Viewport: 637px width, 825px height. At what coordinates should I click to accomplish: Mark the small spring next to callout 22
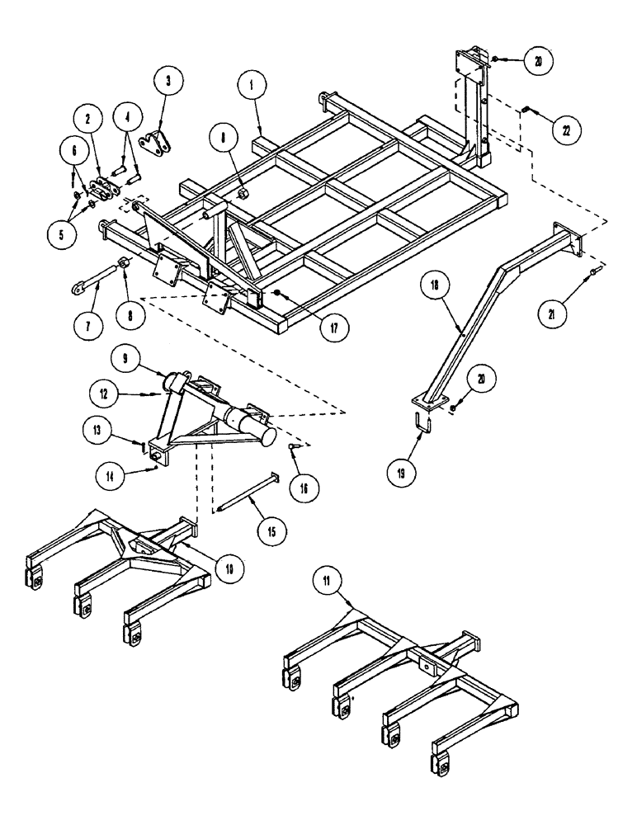click(526, 110)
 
